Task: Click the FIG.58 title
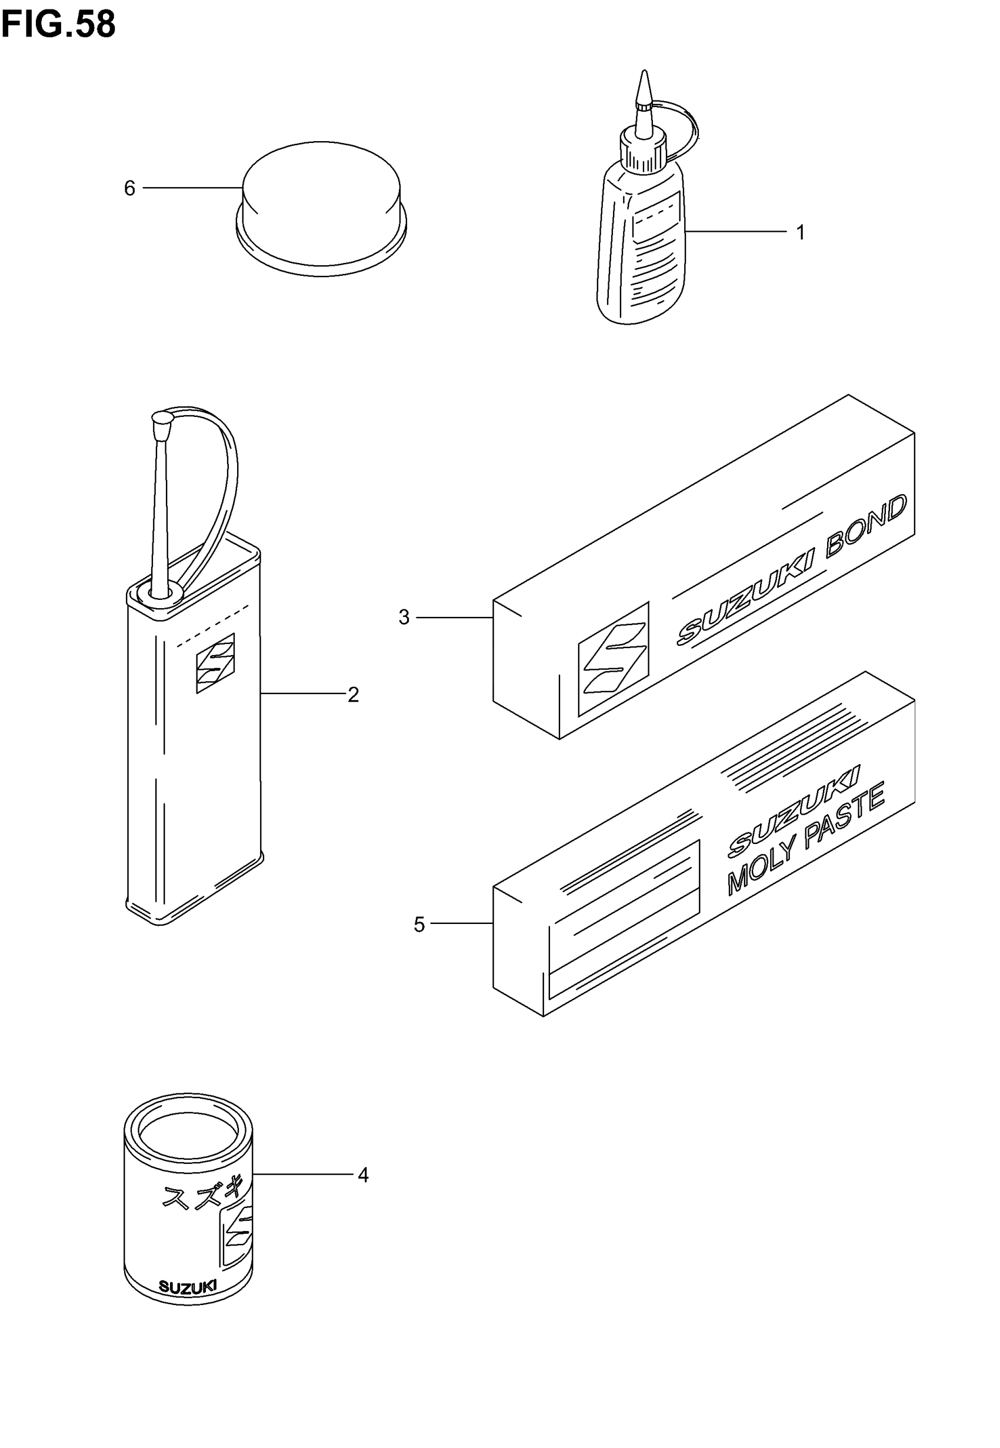(x=58, y=25)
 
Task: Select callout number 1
(x=800, y=233)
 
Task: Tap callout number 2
(x=353, y=695)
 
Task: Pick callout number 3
(x=404, y=618)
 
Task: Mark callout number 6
(x=129, y=189)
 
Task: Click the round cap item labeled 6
(x=321, y=206)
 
